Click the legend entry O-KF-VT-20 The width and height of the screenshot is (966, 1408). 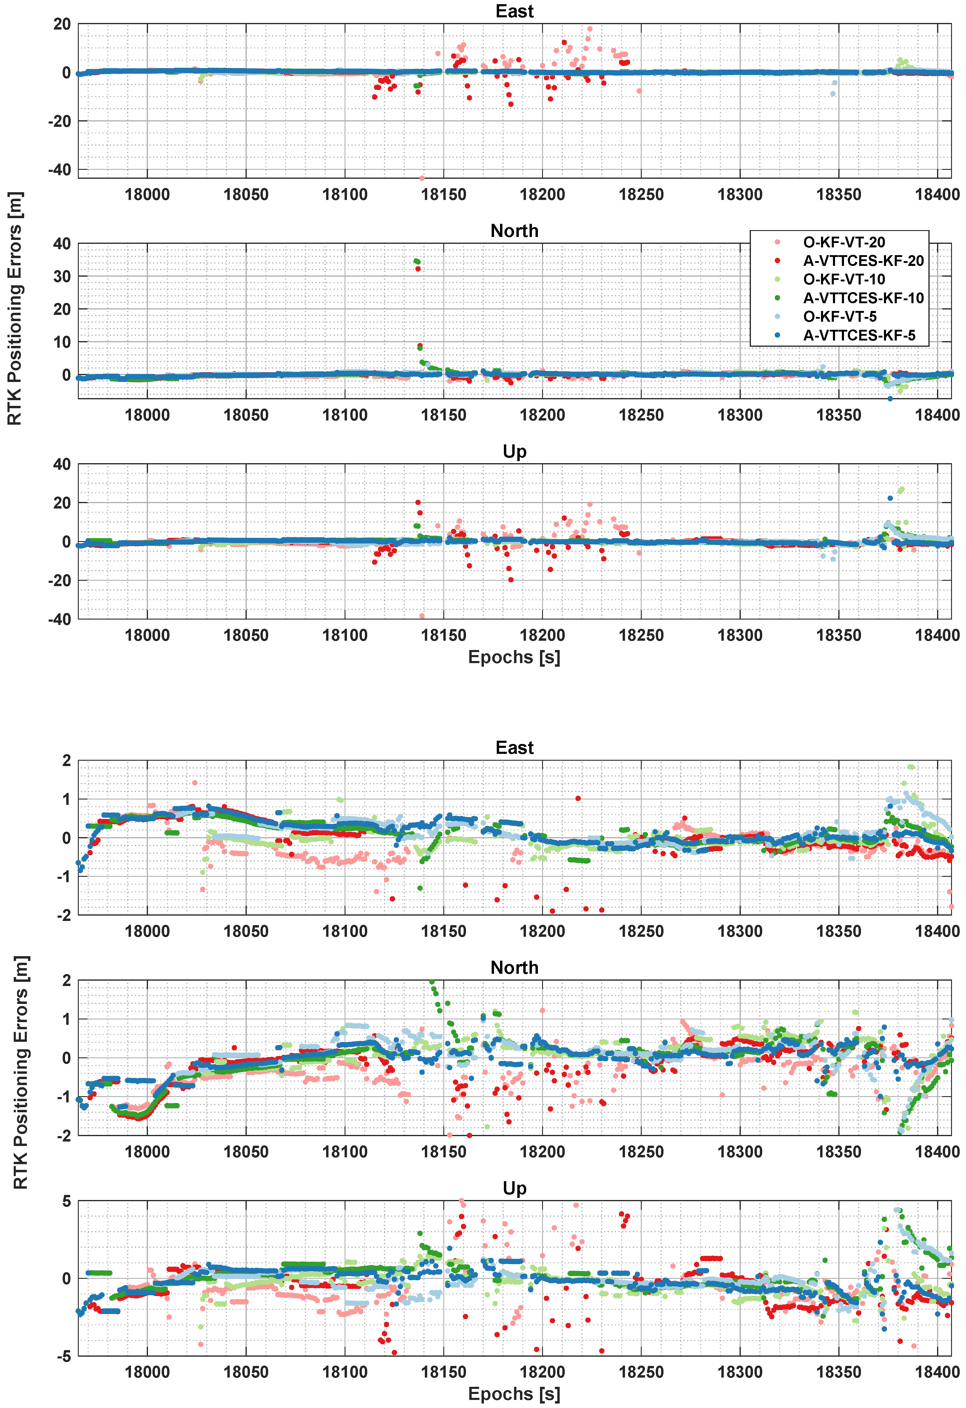[x=844, y=242]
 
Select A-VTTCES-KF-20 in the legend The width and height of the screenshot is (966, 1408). [x=863, y=261]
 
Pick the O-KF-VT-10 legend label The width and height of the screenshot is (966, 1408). [x=844, y=279]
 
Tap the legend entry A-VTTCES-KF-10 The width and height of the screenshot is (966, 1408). [x=863, y=298]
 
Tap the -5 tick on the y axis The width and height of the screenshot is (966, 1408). [x=63, y=1356]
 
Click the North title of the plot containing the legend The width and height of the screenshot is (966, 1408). [x=514, y=231]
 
